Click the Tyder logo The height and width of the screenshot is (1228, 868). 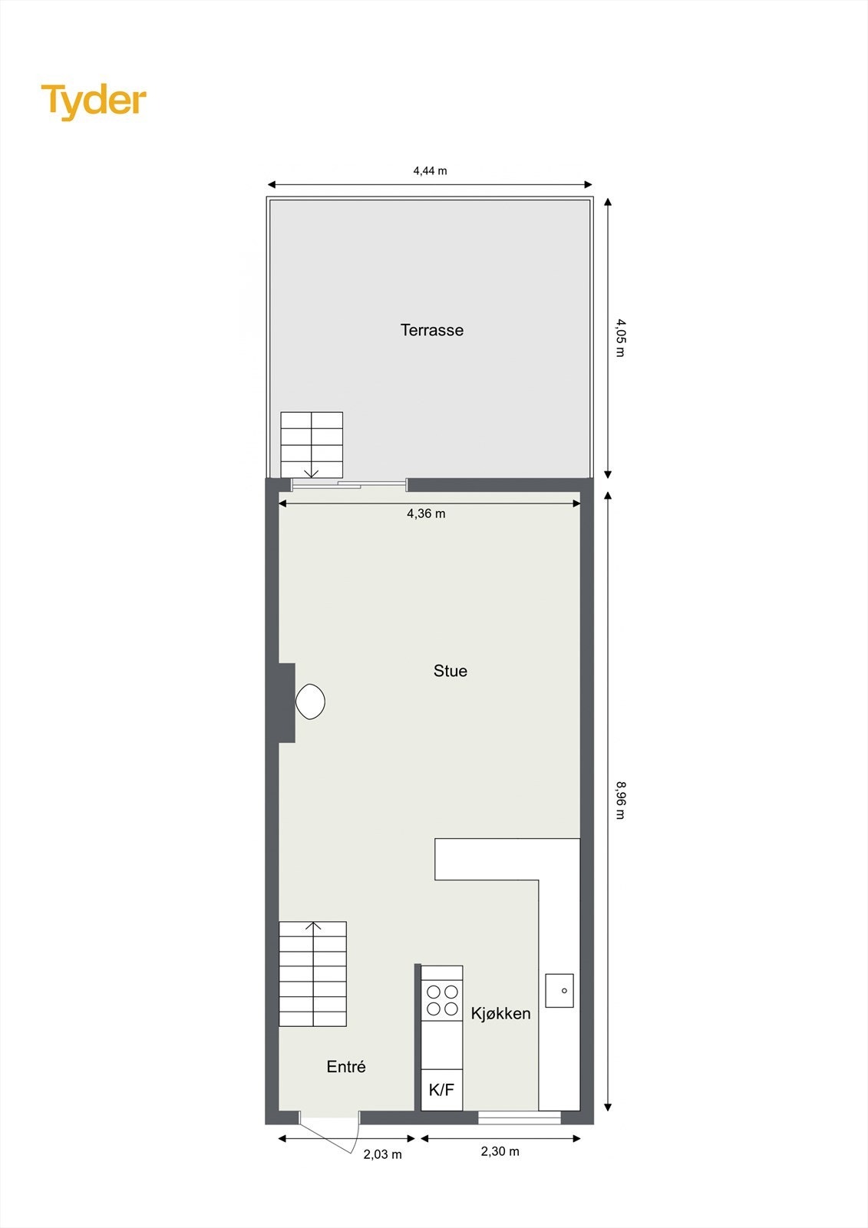[94, 101]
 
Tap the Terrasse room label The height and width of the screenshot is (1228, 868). [432, 330]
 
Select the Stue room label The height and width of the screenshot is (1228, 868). [450, 671]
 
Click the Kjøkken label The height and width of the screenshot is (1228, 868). [500, 1013]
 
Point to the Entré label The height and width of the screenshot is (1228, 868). [345, 1066]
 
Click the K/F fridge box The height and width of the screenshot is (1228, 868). [441, 1089]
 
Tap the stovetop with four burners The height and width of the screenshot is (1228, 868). [442, 1000]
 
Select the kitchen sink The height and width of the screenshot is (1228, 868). [559, 990]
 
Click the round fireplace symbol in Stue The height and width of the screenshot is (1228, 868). [310, 701]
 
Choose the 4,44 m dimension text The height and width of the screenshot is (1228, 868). [430, 170]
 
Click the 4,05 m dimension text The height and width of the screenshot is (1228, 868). [620, 338]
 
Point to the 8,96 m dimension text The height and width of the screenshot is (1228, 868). [620, 800]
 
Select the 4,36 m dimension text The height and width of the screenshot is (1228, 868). [426, 513]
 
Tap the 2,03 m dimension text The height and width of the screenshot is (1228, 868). [382, 1154]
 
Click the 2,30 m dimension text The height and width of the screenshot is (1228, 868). [500, 1151]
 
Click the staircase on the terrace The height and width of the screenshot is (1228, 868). [311, 444]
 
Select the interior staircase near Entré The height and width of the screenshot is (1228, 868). [312, 974]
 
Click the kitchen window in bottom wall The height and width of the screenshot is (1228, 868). [519, 1117]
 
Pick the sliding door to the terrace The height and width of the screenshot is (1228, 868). [349, 485]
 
